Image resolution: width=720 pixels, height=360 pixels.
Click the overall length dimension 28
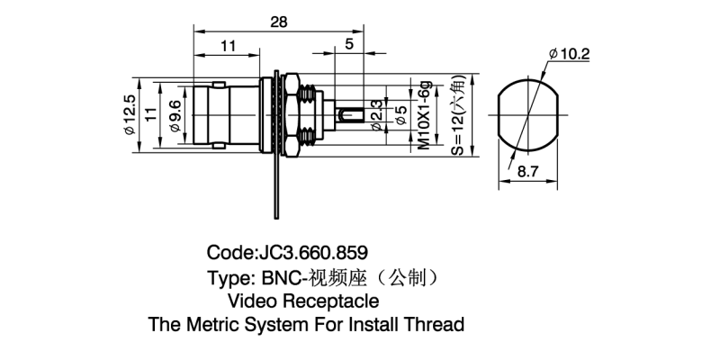point(278,23)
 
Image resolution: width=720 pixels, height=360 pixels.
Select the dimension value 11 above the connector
point(228,46)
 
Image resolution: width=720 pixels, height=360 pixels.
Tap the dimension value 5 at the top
point(348,45)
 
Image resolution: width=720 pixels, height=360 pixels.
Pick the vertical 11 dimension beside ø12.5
point(152,114)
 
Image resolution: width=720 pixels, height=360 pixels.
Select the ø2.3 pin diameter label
point(376,115)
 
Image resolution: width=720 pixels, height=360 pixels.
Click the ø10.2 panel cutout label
point(569,55)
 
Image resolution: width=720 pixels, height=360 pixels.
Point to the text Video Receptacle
point(303,301)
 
